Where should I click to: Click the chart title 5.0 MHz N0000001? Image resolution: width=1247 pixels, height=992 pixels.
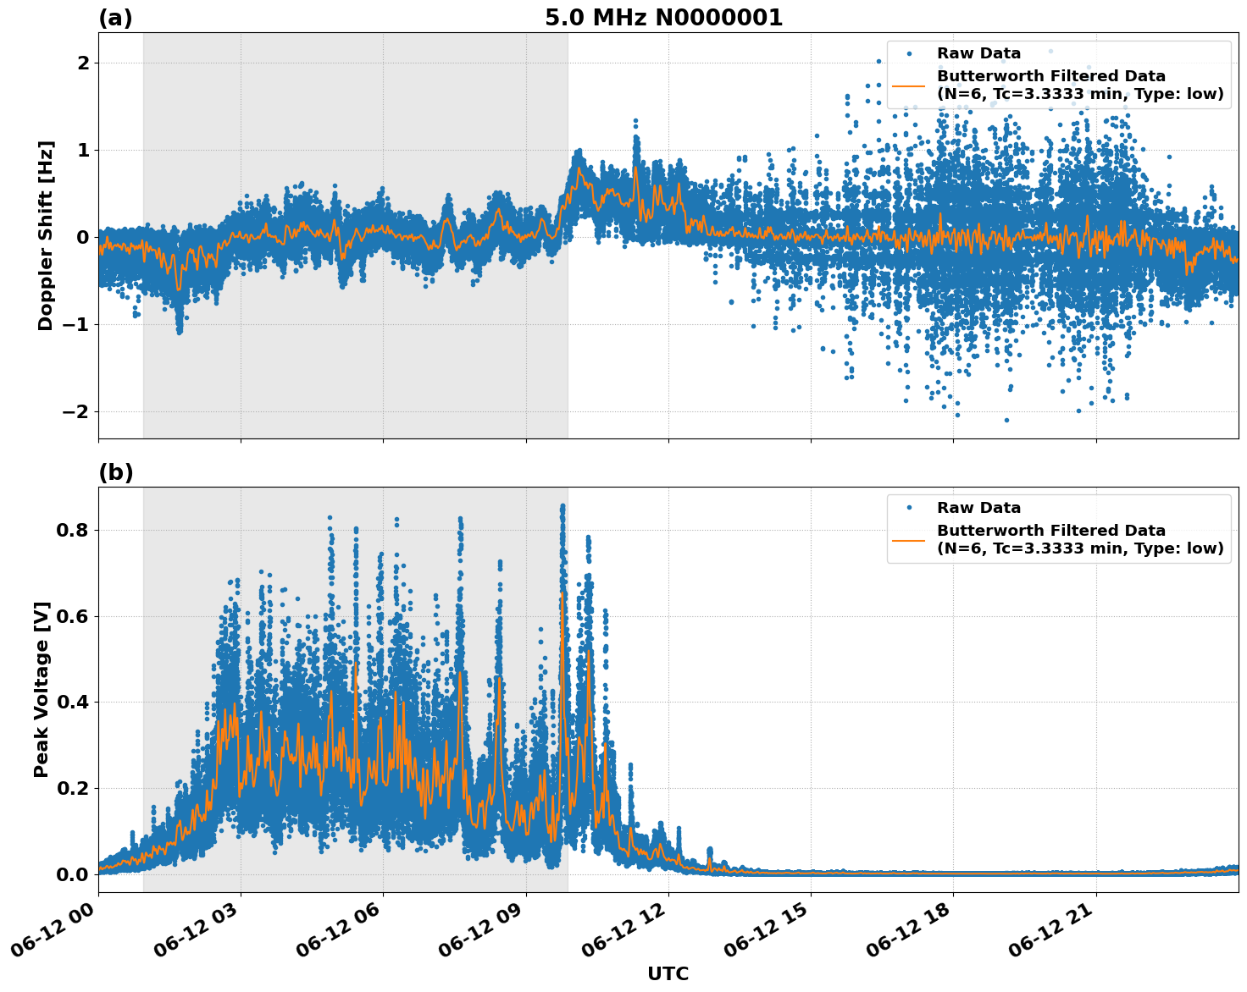(x=663, y=18)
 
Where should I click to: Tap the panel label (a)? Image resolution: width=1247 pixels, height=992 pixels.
(x=116, y=18)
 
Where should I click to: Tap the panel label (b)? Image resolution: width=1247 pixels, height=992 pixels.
(x=116, y=472)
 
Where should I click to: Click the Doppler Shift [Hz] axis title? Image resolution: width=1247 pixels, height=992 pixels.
(x=46, y=235)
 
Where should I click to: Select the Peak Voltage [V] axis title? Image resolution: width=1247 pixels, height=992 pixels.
(x=42, y=689)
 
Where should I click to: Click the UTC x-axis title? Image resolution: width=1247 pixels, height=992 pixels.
(x=668, y=973)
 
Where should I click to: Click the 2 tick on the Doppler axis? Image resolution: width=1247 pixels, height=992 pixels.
(x=83, y=63)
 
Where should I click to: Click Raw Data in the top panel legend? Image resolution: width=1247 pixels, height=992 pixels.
(x=978, y=53)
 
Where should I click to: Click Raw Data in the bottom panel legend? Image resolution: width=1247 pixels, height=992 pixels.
(x=978, y=508)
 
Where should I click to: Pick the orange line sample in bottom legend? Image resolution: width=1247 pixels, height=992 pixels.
(x=910, y=539)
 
